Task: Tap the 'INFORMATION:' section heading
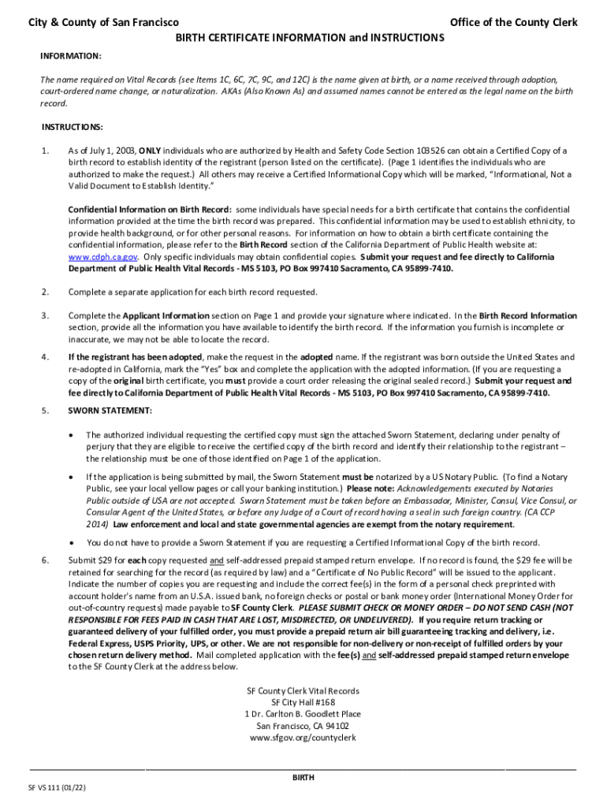pyautogui.click(x=71, y=57)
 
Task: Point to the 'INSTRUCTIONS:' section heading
pyautogui.click(x=73, y=127)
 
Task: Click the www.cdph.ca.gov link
pyautogui.click(x=103, y=257)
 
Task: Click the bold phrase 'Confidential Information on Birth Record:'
pyautogui.click(x=150, y=210)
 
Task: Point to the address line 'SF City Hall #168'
pyautogui.click(x=303, y=702)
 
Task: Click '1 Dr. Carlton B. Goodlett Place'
pyautogui.click(x=303, y=714)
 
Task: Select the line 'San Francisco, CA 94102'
pyautogui.click(x=303, y=726)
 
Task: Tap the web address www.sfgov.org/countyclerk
pyautogui.click(x=303, y=738)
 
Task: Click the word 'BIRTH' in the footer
pyautogui.click(x=303, y=777)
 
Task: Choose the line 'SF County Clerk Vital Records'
pyautogui.click(x=303, y=690)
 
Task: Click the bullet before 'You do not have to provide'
pyautogui.click(x=73, y=542)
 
